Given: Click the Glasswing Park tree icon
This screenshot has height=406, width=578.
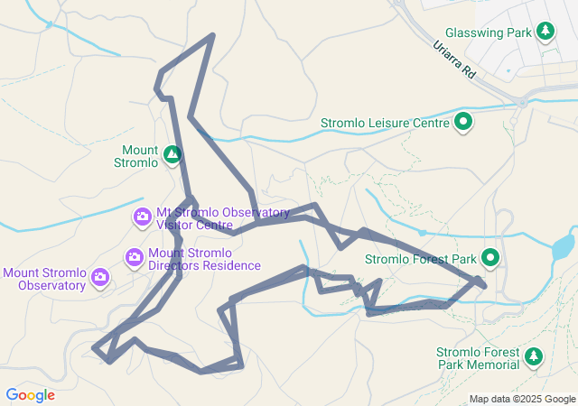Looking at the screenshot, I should coord(545,32).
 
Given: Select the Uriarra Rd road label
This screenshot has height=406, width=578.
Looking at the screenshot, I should coord(454,60).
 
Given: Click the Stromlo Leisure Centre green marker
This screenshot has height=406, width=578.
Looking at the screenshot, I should coord(464,121).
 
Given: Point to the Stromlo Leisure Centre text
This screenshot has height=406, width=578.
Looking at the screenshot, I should coord(385,122).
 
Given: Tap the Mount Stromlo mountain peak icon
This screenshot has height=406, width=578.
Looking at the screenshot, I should coord(172,155).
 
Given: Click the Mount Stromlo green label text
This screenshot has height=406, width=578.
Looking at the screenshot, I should coord(136,156).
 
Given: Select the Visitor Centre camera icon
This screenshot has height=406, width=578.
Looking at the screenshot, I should coord(142,217).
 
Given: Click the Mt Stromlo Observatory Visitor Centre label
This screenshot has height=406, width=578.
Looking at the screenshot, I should coord(223,218).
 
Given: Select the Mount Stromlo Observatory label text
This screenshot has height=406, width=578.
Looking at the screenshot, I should coord(44,279).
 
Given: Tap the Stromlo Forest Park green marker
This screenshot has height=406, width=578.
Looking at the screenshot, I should coord(491,259).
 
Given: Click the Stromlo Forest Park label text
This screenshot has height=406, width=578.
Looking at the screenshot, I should coord(420,260).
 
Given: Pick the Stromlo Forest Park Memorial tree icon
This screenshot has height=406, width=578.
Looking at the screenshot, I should coord(533,357).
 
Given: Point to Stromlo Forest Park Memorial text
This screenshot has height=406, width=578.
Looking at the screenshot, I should coord(478,358).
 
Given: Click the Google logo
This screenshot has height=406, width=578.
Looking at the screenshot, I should coord(30,395).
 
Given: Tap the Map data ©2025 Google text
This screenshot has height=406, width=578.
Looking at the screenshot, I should coord(522,399).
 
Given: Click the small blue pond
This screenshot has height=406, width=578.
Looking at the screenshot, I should coord(563,245).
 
